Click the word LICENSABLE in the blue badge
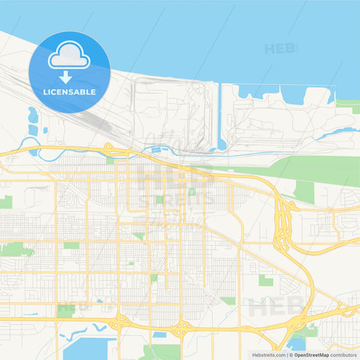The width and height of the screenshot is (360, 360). coord(70,91)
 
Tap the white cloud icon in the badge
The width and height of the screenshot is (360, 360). coord(70,57)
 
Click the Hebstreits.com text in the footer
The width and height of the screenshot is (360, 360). coord(267,354)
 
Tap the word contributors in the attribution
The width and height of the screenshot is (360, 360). coord(344,354)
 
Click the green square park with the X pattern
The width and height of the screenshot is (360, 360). coord(192,192)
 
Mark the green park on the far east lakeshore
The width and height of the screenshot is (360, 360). coord(347,104)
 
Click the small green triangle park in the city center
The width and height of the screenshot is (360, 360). coord(139,236)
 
